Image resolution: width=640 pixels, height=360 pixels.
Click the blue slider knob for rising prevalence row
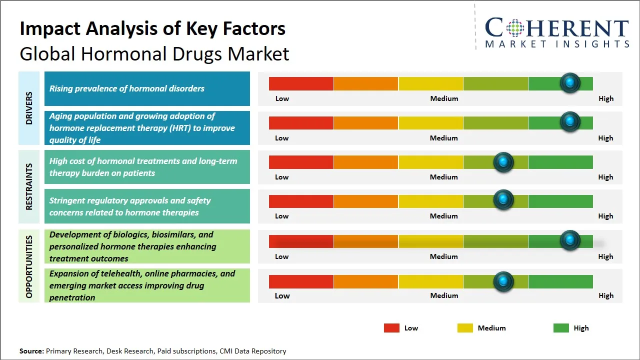(569, 83)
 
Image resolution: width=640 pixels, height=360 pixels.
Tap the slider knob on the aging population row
(569, 122)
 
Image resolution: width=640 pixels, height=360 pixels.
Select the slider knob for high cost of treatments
(503, 162)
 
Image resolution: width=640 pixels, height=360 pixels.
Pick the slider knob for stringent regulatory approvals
(503, 200)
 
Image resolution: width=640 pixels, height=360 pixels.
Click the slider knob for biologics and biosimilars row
(569, 240)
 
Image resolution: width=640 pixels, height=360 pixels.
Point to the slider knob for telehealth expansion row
(503, 281)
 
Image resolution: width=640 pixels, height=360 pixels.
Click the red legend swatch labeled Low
(391, 328)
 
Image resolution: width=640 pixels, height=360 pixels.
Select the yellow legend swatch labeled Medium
(465, 328)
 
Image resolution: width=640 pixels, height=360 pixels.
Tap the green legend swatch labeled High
(561, 328)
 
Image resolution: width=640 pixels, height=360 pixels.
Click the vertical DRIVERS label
(29, 108)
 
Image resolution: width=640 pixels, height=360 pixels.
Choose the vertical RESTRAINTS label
(29, 186)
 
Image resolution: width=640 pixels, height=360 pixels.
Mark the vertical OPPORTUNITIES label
(29, 266)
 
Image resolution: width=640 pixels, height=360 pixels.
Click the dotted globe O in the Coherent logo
(515, 28)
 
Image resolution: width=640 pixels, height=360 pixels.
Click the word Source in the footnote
(31, 351)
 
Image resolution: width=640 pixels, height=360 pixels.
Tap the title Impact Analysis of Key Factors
(152, 28)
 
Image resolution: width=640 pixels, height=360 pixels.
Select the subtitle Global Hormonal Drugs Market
(154, 53)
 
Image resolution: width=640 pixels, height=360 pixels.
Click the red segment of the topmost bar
(301, 83)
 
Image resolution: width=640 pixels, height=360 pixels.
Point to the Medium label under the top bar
(444, 98)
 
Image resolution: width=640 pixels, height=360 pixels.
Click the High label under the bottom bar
(605, 295)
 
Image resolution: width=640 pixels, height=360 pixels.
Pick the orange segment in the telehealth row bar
(366, 281)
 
